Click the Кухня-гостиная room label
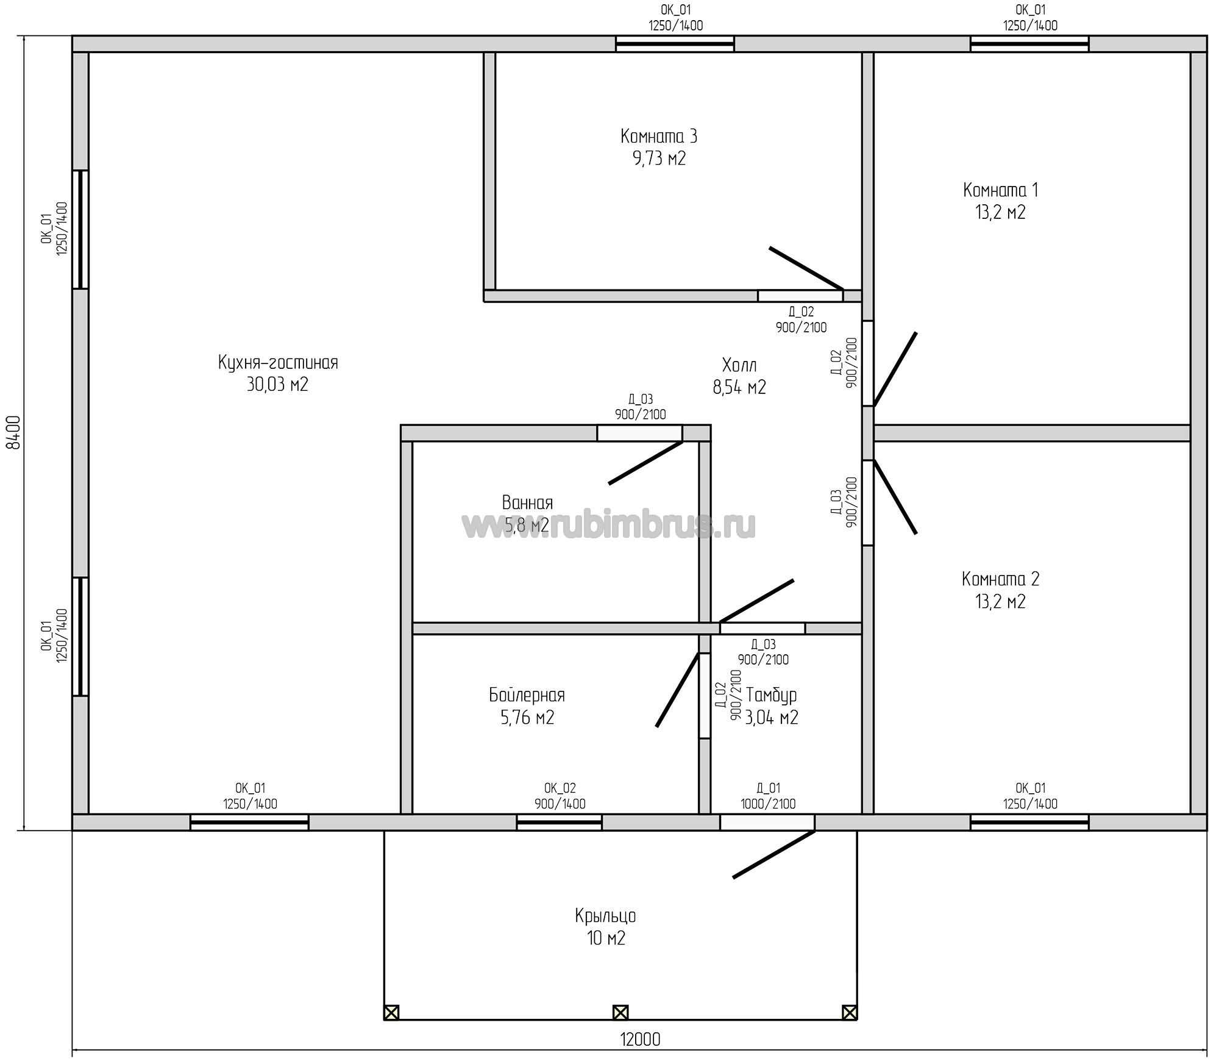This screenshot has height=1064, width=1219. click(x=278, y=363)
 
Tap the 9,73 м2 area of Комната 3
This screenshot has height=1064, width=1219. click(x=659, y=159)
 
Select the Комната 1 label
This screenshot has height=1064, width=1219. click(x=1001, y=190)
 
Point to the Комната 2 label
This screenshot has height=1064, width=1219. click(x=1001, y=579)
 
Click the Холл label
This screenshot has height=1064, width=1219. click(x=739, y=365)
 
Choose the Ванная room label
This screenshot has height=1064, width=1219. click(x=528, y=502)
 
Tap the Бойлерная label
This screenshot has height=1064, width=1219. click(x=527, y=694)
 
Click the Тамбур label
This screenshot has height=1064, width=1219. click(x=772, y=694)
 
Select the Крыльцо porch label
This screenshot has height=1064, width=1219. click(x=606, y=916)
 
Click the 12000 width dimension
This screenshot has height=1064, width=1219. click(x=640, y=1039)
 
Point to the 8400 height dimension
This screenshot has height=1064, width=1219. click(x=13, y=432)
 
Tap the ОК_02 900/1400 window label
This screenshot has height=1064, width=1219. click(x=560, y=796)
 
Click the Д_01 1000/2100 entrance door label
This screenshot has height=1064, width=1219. click(x=768, y=796)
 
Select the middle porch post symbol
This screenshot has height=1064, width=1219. click(x=620, y=1013)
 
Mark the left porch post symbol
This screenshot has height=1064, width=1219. click(x=391, y=1013)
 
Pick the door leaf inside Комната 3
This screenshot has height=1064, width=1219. click(x=806, y=268)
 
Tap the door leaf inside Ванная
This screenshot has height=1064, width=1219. click(x=645, y=462)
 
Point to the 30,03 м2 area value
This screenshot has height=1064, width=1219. click(x=278, y=385)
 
